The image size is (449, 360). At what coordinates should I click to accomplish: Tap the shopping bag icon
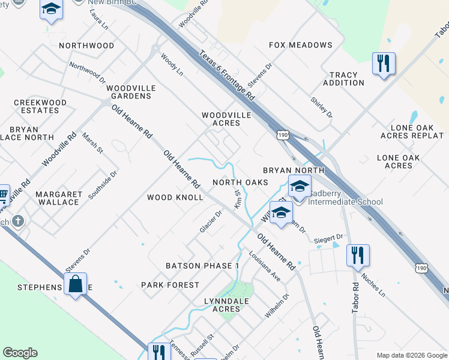point(76,284)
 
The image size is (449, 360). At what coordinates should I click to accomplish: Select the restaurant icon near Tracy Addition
point(384,63)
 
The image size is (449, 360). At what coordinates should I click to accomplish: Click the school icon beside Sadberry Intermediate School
point(300,187)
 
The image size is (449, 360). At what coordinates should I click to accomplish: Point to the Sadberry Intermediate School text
point(345,202)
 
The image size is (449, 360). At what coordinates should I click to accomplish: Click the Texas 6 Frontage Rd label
point(228,75)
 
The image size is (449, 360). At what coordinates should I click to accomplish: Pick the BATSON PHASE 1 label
point(202,266)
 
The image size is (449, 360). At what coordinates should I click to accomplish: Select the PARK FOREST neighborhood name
point(170,285)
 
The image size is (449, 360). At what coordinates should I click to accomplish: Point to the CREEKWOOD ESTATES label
point(40,107)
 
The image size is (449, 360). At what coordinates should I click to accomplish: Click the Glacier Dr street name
point(211,222)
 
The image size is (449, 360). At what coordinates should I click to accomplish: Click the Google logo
point(20,353)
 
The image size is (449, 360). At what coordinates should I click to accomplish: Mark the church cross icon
point(17,221)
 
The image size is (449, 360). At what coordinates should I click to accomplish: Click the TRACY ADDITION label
point(343,79)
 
